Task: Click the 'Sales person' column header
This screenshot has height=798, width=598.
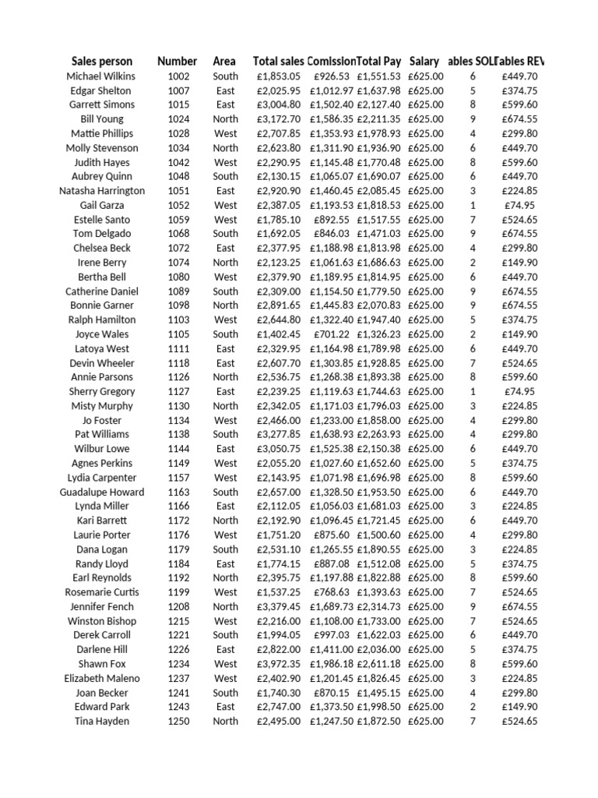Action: (x=102, y=61)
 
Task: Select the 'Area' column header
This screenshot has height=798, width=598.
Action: (x=225, y=61)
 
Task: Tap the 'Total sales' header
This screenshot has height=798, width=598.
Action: (x=279, y=61)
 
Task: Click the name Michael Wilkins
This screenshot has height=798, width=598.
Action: (x=101, y=76)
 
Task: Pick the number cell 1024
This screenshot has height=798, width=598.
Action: (x=178, y=119)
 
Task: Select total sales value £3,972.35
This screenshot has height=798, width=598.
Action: (x=279, y=664)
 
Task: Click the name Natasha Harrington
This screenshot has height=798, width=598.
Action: (x=102, y=191)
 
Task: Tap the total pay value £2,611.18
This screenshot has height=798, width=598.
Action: (x=379, y=664)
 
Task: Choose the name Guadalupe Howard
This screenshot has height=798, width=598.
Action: (x=102, y=493)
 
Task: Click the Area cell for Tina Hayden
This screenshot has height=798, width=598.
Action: (x=226, y=722)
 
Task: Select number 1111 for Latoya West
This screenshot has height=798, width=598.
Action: (x=178, y=349)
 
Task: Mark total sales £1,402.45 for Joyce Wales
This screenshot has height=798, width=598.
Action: (x=279, y=334)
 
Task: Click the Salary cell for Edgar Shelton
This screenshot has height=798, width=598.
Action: (x=426, y=90)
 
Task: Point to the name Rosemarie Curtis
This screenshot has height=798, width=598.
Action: (x=102, y=592)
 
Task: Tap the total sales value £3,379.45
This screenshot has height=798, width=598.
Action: (x=279, y=607)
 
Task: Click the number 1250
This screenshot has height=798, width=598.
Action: (x=178, y=722)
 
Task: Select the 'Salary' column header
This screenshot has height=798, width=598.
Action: (x=424, y=61)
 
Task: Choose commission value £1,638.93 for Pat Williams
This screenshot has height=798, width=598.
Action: (x=332, y=435)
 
